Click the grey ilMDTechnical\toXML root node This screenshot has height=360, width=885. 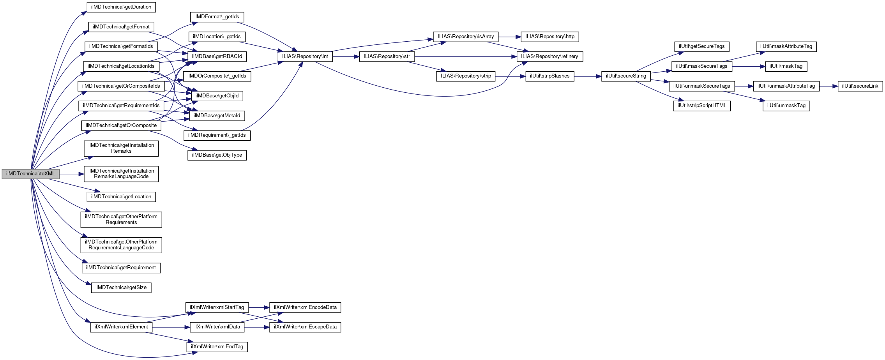click(30, 174)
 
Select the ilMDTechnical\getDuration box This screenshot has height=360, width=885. click(121, 7)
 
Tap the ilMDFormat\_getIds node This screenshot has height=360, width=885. click(217, 17)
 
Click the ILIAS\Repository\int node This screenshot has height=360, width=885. click(305, 56)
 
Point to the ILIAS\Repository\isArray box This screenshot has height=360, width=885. click(465, 37)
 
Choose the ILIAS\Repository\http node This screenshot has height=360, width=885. click(549, 37)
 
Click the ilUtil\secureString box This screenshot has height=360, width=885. click(625, 76)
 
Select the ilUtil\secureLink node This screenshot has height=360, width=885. click(860, 86)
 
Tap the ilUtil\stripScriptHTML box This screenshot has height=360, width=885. click(701, 106)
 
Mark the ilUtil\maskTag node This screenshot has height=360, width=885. click(786, 66)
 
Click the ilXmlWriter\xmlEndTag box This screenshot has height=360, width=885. click(217, 347)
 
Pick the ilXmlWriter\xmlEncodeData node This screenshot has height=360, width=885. click(305, 307)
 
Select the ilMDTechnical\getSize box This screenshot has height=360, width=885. click(121, 288)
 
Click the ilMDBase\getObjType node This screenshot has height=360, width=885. click(217, 155)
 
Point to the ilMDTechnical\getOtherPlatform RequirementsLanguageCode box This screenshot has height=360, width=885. click(121, 245)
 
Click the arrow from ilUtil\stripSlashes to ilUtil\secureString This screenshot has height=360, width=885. click(587, 76)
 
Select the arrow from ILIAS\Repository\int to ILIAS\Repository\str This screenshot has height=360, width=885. click(346, 57)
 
